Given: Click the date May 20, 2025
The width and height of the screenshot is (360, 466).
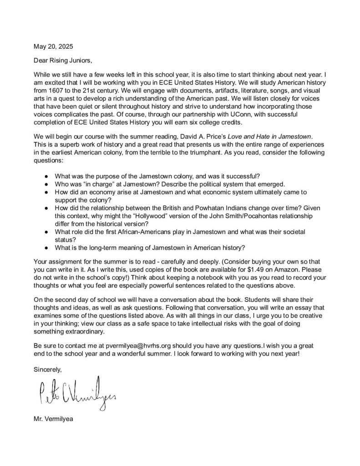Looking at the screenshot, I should tap(53, 46).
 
